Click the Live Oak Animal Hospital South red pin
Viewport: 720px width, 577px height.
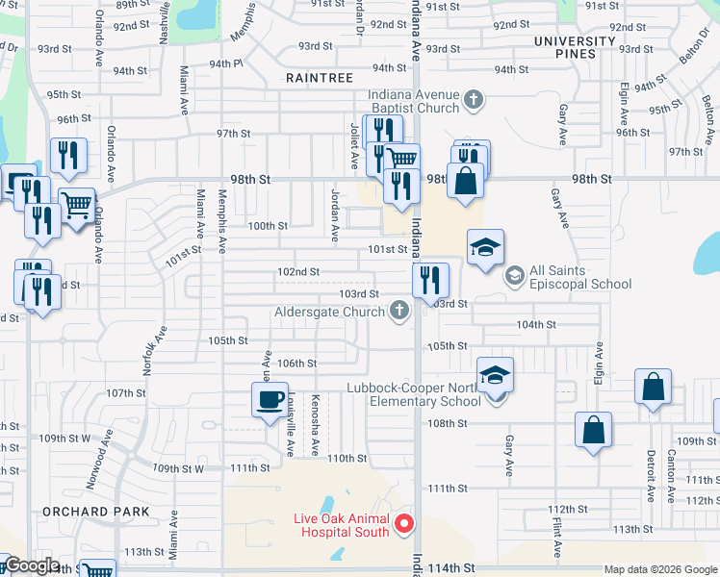click(405, 524)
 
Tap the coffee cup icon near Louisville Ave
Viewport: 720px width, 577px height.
click(270, 398)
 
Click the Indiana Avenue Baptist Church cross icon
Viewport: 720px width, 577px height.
click(473, 99)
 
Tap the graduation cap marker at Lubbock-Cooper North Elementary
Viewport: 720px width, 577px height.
click(496, 376)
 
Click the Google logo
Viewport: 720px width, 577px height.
click(31, 565)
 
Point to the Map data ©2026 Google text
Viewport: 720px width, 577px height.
click(660, 569)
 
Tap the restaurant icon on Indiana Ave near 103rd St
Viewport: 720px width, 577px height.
click(430, 280)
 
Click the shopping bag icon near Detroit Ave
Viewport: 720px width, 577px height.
click(654, 388)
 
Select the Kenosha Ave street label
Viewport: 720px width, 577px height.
click(315, 424)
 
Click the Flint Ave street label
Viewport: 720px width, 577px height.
click(557, 536)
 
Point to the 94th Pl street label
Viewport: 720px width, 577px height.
click(222, 63)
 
